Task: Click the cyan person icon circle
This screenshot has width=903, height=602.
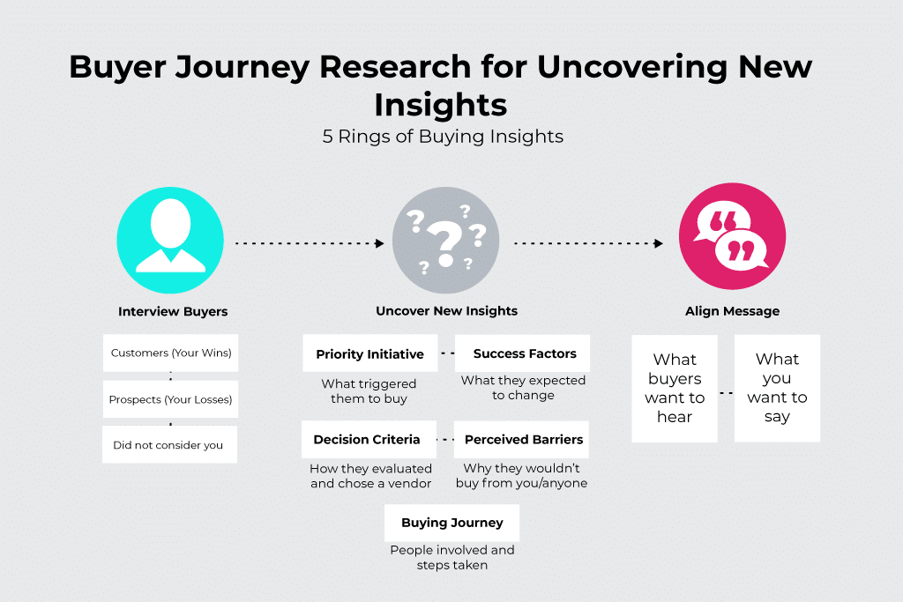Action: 170,238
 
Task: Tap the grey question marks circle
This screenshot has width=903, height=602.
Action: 445,240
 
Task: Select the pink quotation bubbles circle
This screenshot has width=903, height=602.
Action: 732,237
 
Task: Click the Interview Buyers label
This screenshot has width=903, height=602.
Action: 173,311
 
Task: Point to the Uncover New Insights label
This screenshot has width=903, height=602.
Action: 446,311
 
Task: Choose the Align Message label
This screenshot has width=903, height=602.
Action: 732,311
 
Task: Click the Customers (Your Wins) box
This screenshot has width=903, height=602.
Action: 171,353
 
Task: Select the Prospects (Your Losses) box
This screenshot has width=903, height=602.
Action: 170,399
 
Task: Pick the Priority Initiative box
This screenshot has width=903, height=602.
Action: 369,354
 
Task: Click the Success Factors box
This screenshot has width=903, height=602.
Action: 525,353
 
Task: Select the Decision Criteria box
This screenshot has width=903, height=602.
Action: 367,439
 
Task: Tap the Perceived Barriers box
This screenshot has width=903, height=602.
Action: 524,439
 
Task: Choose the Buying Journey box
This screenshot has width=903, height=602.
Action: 451,523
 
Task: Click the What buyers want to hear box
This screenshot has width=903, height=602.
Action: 675,388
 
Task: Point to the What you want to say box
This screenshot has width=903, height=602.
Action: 777,388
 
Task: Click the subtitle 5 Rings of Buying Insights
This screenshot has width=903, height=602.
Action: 443,137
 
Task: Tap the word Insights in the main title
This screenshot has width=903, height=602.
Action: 440,104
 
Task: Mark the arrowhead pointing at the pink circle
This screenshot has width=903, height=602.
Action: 659,243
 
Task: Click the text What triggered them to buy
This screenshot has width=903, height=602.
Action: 369,391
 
